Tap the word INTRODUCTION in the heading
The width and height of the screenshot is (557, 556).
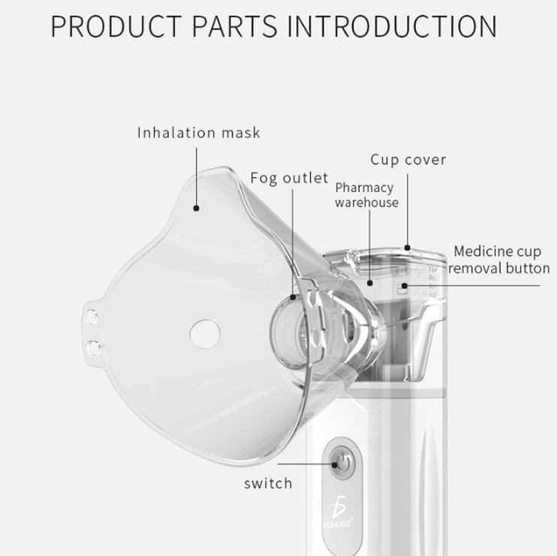(x=392, y=26)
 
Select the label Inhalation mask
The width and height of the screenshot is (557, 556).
(x=199, y=133)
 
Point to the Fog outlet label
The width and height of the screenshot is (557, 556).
(x=289, y=178)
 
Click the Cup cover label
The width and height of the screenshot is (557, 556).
(x=408, y=160)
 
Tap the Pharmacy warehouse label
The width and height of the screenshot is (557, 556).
(x=366, y=195)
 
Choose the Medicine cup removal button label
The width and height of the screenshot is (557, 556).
(x=499, y=260)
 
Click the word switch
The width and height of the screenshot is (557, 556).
(x=268, y=483)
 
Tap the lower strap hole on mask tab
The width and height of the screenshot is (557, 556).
(x=93, y=346)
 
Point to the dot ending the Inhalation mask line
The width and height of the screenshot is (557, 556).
(x=197, y=209)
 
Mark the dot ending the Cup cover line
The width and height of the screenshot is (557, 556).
(x=408, y=246)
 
